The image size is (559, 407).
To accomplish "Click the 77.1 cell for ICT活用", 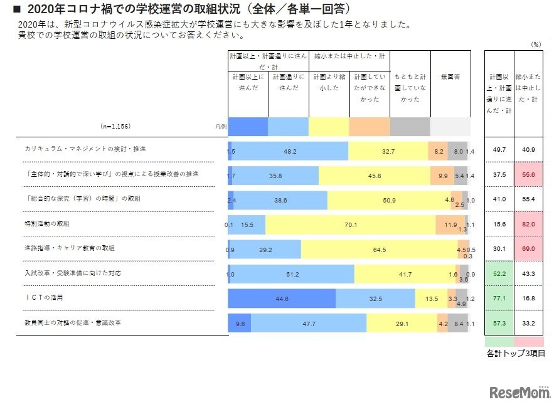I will tap(499, 299).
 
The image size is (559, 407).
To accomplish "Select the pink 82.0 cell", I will tap(529, 224).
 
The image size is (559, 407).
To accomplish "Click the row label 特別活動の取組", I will tap(48, 223).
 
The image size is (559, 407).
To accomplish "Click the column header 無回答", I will tap(450, 77).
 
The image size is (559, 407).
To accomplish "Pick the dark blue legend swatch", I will tap(248, 127).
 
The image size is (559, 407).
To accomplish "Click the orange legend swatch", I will tap(369, 127).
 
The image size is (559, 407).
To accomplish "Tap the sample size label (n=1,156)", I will tap(115, 126).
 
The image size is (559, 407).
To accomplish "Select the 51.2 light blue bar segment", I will tap(291, 274).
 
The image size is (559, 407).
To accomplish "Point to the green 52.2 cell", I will tap(499, 274).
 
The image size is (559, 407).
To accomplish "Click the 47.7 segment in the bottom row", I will tap(308, 324).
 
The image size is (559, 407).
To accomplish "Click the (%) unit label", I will tap(535, 44).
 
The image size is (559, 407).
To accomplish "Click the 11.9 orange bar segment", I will tap(450, 225).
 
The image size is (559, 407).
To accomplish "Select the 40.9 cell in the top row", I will tap(529, 150).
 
